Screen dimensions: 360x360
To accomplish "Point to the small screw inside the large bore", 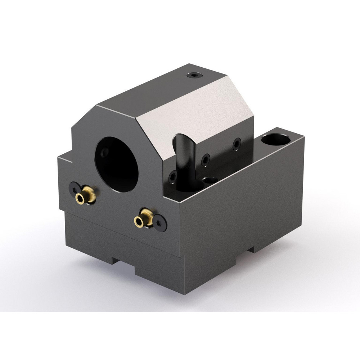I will click(x=104, y=152).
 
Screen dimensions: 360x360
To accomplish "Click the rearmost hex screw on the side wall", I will click(x=237, y=144).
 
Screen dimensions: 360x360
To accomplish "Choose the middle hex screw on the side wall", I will click(x=206, y=160).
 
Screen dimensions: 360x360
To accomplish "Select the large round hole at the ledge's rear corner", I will click(x=276, y=139).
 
